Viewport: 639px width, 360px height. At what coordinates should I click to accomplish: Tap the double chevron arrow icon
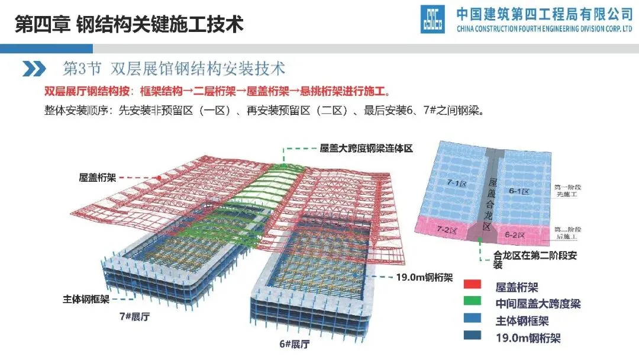click(34, 69)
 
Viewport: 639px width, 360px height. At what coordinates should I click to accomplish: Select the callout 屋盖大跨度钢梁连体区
click(366, 149)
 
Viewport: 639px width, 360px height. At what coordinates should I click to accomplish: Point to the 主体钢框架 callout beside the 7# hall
click(86, 299)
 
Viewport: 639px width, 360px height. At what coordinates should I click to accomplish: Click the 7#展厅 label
click(134, 316)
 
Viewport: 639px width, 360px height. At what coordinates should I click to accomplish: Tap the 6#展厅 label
click(295, 344)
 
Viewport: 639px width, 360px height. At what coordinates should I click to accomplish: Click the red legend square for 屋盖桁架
click(472, 288)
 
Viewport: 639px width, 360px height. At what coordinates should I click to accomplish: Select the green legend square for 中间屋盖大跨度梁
click(472, 304)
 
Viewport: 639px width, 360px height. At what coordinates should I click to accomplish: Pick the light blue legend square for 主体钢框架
click(472, 322)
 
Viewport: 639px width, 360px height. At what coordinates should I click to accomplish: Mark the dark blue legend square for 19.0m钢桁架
click(472, 338)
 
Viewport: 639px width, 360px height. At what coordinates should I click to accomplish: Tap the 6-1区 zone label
click(518, 191)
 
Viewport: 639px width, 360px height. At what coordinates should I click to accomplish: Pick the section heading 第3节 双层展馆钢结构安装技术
click(174, 68)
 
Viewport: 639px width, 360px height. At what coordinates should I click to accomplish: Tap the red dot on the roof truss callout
click(159, 177)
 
